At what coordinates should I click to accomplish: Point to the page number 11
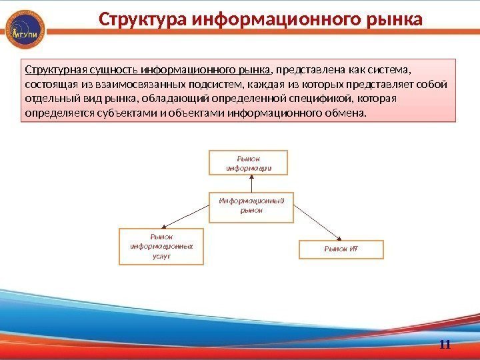click(445, 344)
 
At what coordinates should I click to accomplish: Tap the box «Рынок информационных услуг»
click(161, 246)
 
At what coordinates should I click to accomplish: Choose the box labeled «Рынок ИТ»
click(341, 249)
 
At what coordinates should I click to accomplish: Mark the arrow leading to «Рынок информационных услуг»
click(186, 215)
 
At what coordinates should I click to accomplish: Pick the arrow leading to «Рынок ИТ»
click(319, 221)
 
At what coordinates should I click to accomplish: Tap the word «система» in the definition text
click(393, 69)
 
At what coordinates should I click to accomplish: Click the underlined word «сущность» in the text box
click(106, 69)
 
